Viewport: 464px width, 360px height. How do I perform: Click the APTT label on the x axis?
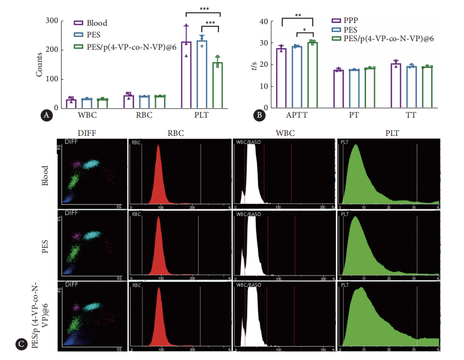(297, 115)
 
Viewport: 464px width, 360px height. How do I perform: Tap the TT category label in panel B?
(411, 115)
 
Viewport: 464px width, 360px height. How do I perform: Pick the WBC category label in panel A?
(87, 114)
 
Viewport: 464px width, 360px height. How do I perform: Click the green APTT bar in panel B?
(313, 75)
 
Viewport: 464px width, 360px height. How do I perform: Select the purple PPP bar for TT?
(395, 87)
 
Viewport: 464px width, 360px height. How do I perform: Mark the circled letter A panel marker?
(47, 114)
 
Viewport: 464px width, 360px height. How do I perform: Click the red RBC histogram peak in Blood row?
(158, 177)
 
